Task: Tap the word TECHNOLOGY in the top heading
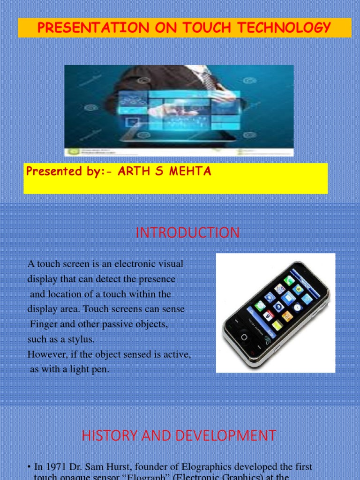click(x=290, y=28)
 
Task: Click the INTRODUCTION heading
click(x=187, y=233)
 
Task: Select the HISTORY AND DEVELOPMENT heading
click(x=179, y=436)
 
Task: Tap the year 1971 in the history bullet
click(x=53, y=467)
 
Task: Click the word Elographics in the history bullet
click(x=207, y=467)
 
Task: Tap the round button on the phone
click(x=244, y=337)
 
